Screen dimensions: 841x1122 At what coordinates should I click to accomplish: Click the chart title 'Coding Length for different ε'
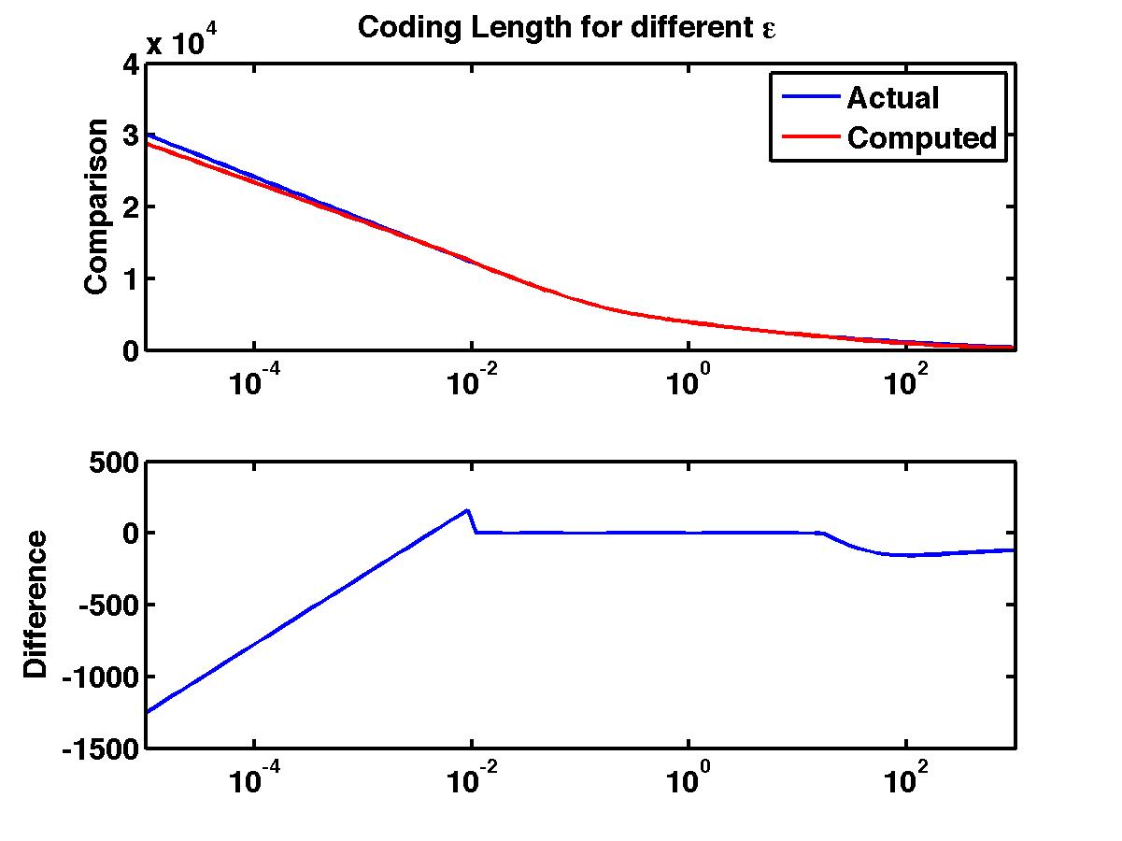(x=567, y=28)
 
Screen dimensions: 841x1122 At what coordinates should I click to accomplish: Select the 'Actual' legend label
(x=892, y=97)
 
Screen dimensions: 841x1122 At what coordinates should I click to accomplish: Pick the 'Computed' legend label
(x=922, y=138)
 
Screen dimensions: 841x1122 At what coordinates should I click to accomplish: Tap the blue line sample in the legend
(x=804, y=97)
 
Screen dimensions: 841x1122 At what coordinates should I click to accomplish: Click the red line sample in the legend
(x=804, y=138)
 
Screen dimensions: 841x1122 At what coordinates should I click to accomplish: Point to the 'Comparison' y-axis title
(x=96, y=207)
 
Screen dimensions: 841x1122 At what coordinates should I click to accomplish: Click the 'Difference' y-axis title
(x=36, y=604)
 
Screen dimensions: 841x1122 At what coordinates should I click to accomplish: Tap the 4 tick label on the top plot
(x=130, y=64)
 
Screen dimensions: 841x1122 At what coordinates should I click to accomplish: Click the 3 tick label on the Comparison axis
(x=130, y=135)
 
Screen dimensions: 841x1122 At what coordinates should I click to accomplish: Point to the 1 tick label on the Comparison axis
(x=130, y=278)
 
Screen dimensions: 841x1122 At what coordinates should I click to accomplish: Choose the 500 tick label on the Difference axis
(x=110, y=462)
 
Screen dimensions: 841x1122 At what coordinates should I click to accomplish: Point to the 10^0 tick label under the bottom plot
(x=688, y=780)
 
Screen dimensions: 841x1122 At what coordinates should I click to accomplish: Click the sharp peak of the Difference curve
(x=467, y=510)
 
